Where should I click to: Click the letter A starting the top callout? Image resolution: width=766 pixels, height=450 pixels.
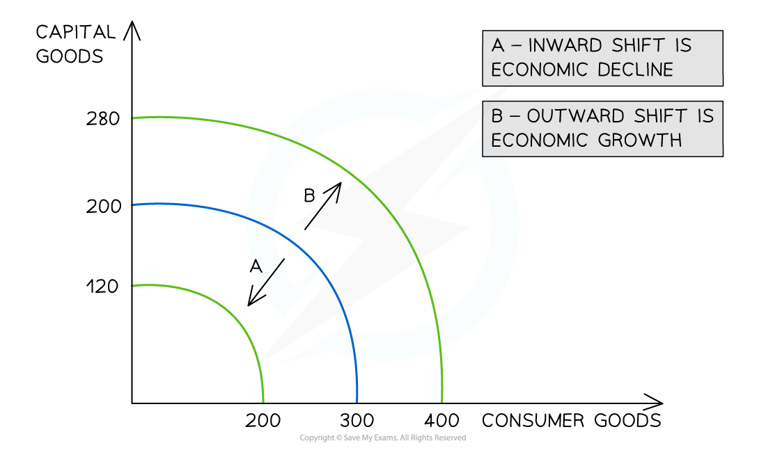pyautogui.click(x=497, y=46)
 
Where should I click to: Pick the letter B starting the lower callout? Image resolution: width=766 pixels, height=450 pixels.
pyautogui.click(x=497, y=115)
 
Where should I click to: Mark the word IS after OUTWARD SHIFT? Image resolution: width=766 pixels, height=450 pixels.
pyautogui.click(x=705, y=115)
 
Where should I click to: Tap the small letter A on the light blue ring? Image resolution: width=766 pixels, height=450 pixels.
pyautogui.click(x=256, y=266)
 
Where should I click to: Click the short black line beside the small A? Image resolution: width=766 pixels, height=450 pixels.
pyautogui.click(x=272, y=275)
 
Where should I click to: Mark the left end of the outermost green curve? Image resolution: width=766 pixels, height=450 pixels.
pyautogui.click(x=134, y=118)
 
